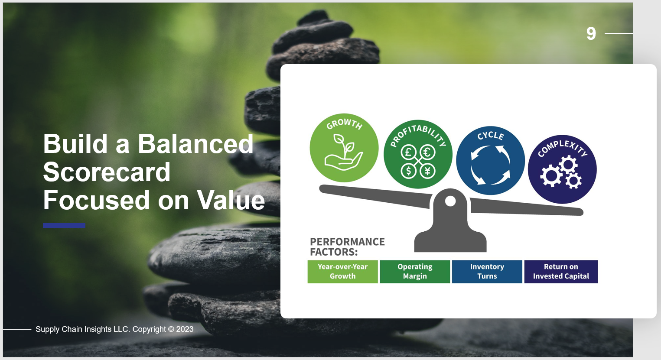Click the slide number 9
point(591,33)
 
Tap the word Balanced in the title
point(195,144)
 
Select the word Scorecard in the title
point(107,172)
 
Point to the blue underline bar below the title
point(64,226)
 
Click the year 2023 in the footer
point(185,329)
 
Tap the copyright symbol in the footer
point(171,329)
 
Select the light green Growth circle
point(344,148)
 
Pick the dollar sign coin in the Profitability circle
point(409,170)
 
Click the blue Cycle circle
point(490,160)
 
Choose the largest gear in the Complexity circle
point(551,176)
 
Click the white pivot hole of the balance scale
point(450,201)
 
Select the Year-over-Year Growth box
point(342,272)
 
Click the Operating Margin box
point(415,272)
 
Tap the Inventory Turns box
point(487,272)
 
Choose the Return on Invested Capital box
point(561,272)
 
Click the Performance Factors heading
point(347,247)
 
